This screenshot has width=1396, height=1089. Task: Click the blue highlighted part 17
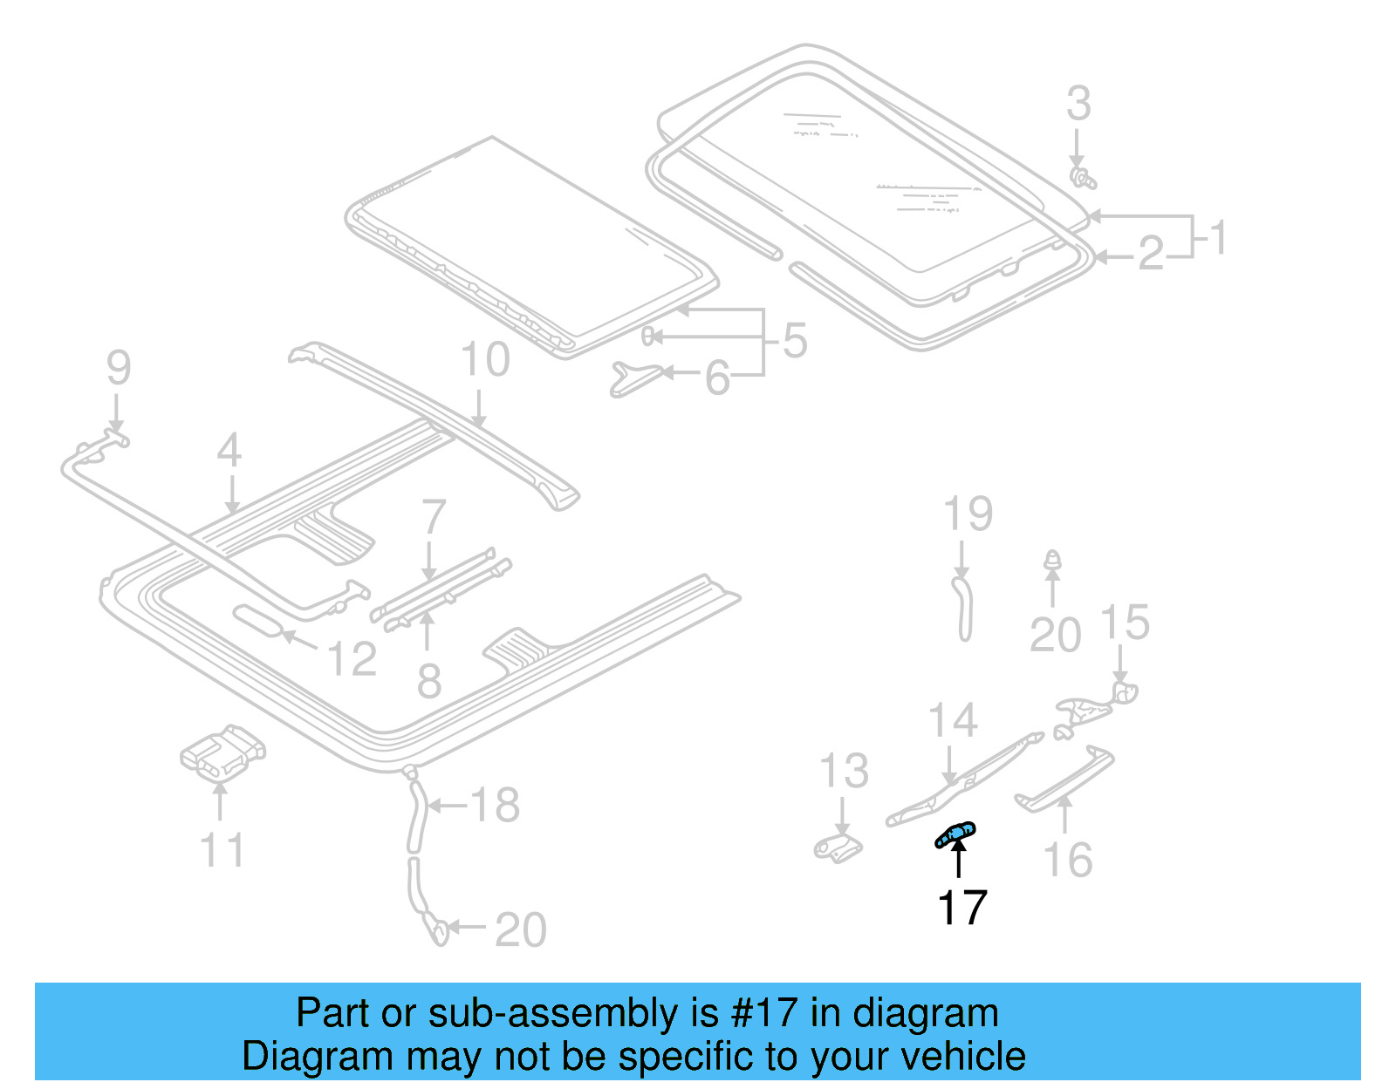(955, 835)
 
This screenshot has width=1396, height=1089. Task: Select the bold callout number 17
(961, 908)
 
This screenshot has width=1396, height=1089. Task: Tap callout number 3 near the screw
(1078, 104)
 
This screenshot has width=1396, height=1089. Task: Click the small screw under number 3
(1082, 179)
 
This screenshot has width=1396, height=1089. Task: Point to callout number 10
(484, 359)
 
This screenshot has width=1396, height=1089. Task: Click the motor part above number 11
(222, 752)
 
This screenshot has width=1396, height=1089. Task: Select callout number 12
(352, 659)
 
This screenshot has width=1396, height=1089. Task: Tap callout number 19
(968, 514)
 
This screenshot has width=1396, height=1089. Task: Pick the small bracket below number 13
(838, 847)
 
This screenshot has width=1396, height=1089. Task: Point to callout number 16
(1068, 860)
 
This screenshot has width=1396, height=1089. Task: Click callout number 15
(1125, 623)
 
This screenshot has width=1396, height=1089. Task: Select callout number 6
(717, 378)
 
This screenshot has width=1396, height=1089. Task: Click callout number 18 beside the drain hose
(495, 805)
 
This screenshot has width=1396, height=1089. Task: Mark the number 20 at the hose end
(521, 929)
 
